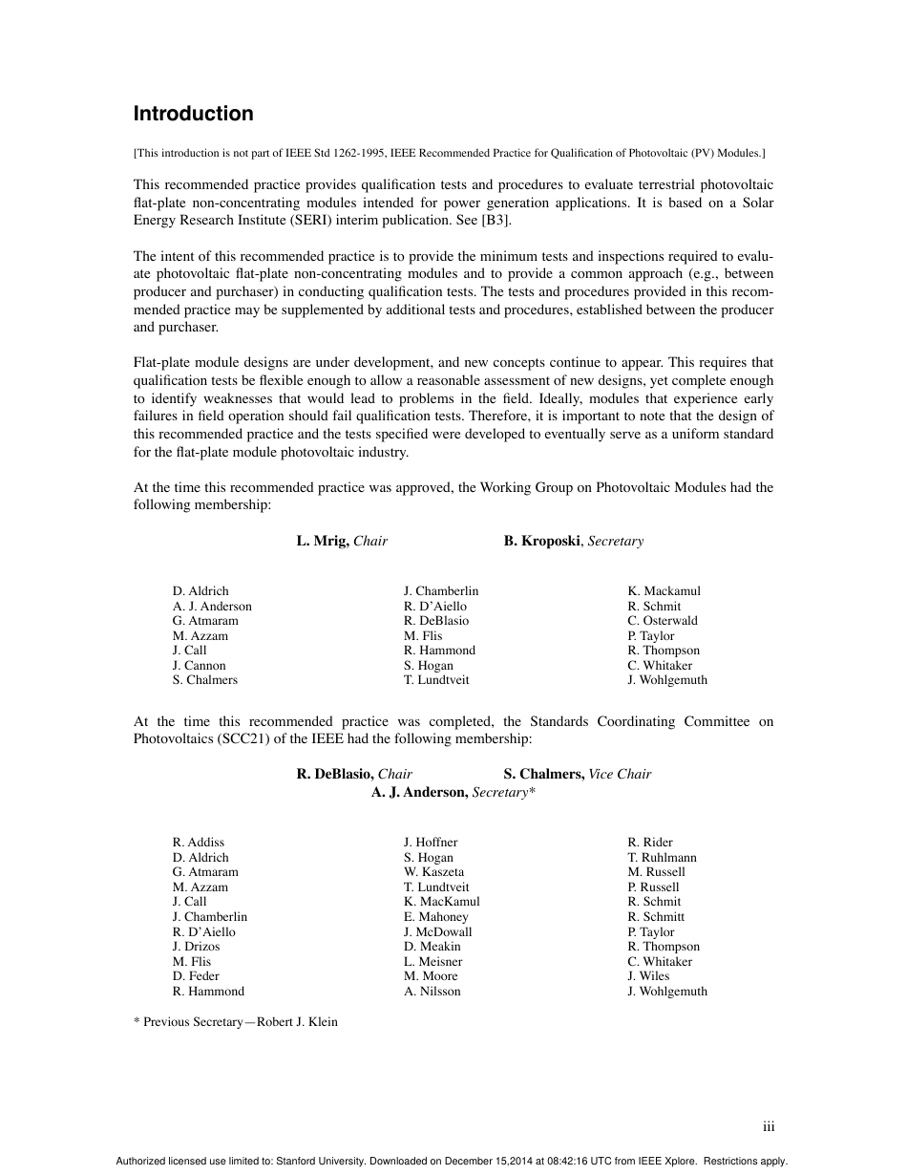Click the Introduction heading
pyautogui.click(x=193, y=114)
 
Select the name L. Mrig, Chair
pyautogui.click(x=342, y=541)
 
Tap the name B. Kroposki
pyautogui.click(x=542, y=541)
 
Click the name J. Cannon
pyautogui.click(x=199, y=665)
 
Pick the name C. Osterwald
pyautogui.click(x=662, y=620)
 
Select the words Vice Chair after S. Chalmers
pyautogui.click(x=620, y=774)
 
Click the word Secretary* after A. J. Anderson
pyautogui.click(x=503, y=792)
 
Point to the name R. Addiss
pyautogui.click(x=198, y=842)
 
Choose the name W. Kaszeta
pyautogui.click(x=433, y=871)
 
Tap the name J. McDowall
pyautogui.click(x=437, y=931)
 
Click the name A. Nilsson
pyautogui.click(x=432, y=991)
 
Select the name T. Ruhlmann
pyautogui.click(x=662, y=857)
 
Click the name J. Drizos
pyautogui.click(x=196, y=946)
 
